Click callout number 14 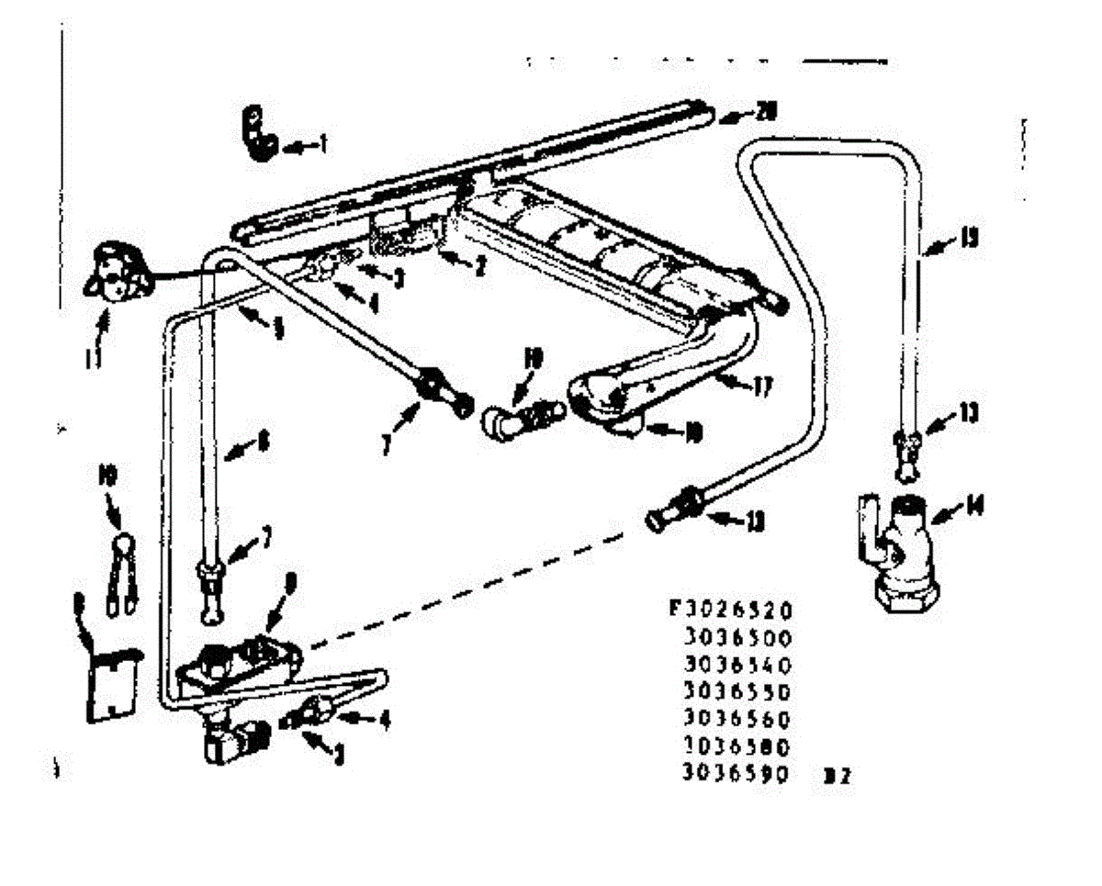coord(973,506)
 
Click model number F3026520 coord(728,611)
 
